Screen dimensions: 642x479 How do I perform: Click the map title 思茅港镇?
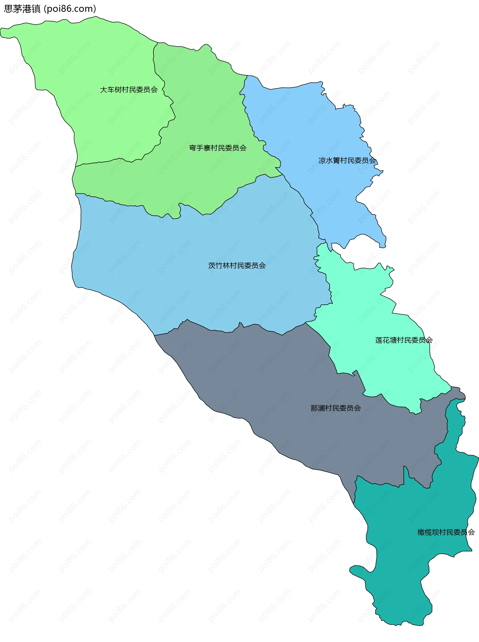[x=22, y=9]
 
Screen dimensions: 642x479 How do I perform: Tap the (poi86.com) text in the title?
[x=70, y=9]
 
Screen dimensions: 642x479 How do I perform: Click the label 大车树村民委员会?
[x=129, y=90]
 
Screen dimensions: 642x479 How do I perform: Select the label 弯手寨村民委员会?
[x=218, y=148]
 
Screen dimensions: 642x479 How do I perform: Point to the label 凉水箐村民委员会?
[x=347, y=160]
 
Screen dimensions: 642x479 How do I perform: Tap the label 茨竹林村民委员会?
[x=237, y=265]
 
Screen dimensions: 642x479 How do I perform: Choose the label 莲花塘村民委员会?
[x=404, y=340]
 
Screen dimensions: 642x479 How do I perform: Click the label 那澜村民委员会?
[x=336, y=408]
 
